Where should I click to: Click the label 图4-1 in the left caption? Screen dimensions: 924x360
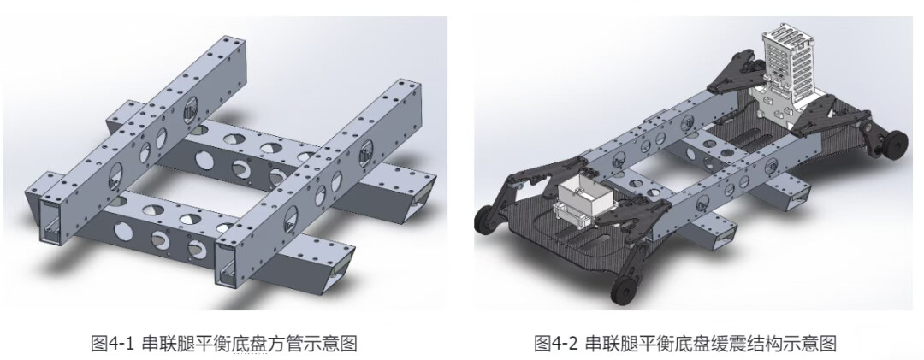[x=113, y=343]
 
